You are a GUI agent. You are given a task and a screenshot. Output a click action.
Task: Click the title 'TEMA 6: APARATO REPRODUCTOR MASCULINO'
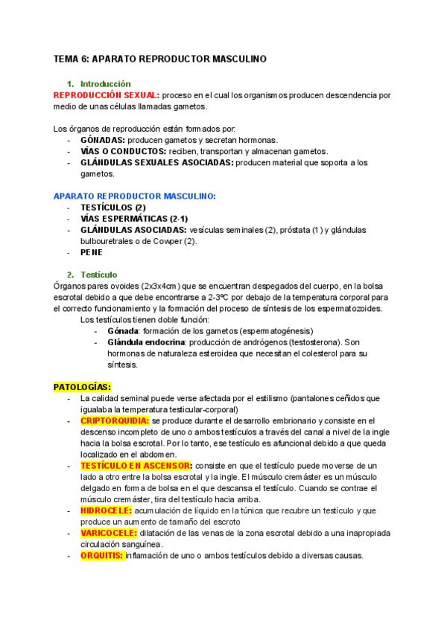(x=159, y=58)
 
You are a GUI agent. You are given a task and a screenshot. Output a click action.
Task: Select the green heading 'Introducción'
(x=105, y=84)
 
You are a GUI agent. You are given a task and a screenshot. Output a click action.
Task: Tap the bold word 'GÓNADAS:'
(x=103, y=139)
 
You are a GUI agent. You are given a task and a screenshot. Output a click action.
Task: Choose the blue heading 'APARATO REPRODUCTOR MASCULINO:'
(x=135, y=196)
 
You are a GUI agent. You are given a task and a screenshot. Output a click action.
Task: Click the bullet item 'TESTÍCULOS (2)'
(x=112, y=207)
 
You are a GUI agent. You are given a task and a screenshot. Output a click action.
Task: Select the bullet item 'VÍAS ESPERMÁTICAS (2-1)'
(x=133, y=218)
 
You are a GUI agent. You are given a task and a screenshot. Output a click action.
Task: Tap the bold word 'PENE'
(x=92, y=252)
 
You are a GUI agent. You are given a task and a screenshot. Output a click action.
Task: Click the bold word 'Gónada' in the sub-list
(x=123, y=330)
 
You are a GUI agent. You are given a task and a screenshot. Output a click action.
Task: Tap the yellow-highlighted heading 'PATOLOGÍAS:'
(x=82, y=387)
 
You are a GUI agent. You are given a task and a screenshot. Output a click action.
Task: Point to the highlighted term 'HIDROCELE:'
(x=106, y=510)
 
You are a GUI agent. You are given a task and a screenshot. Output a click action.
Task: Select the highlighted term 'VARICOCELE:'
(x=108, y=533)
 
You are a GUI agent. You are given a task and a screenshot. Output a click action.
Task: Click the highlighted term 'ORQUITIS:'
(x=101, y=555)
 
